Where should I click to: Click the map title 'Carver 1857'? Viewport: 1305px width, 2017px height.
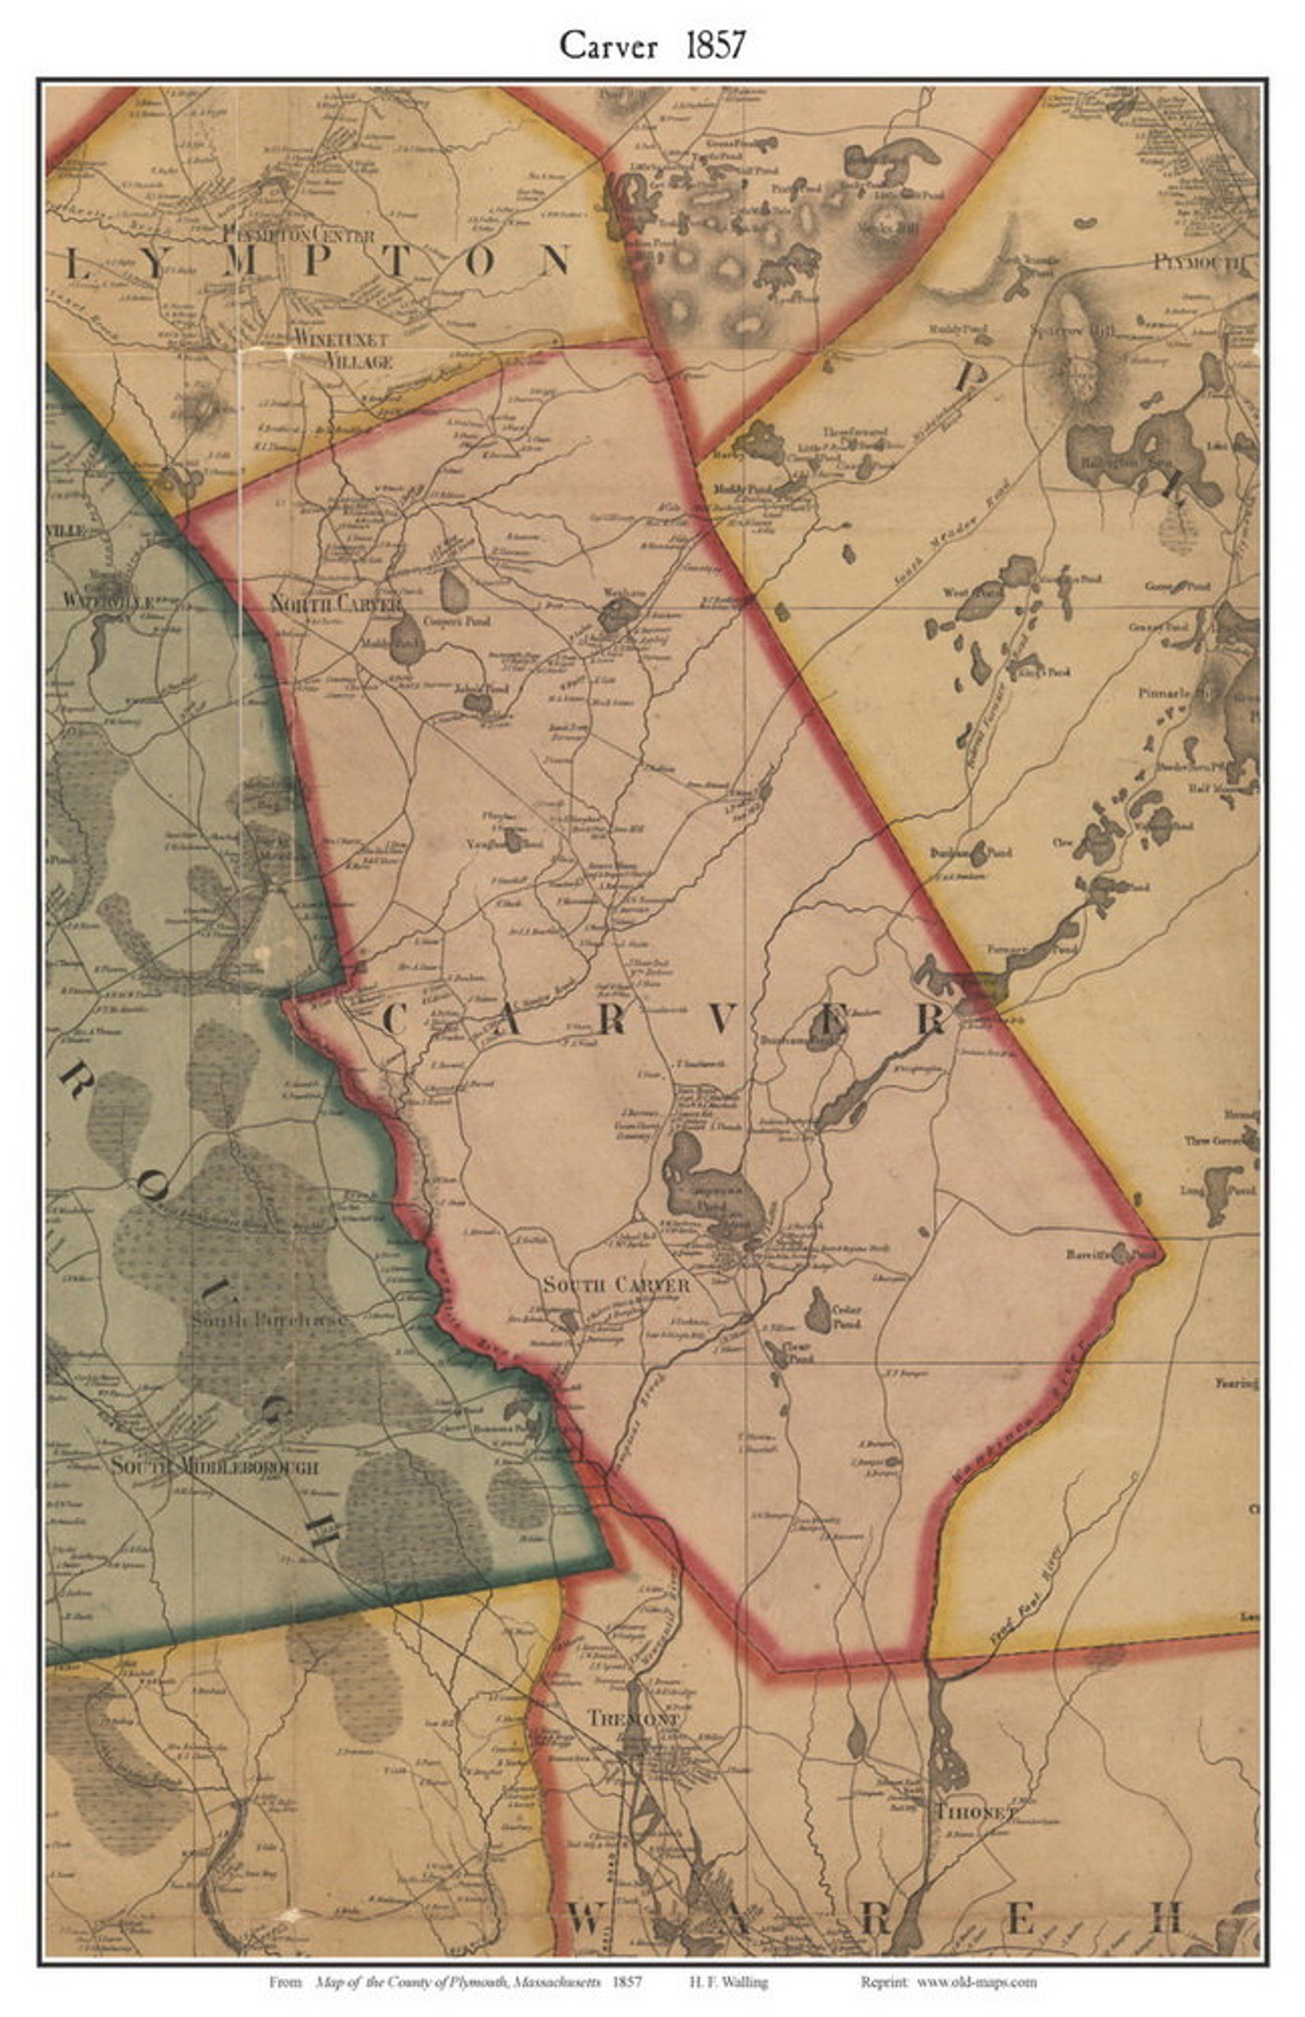(652, 45)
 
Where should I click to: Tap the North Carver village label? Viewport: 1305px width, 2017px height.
(334, 603)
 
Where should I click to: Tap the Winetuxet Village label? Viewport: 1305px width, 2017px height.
(342, 349)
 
